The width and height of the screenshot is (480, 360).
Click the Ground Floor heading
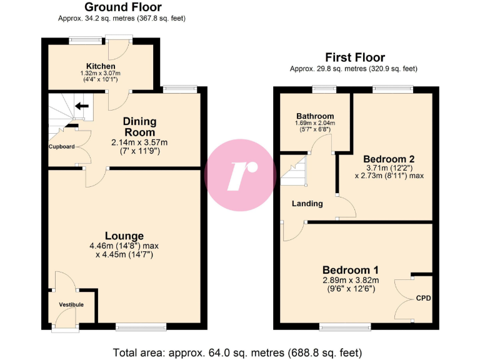coord(122,7)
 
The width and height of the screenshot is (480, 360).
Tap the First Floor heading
coord(355,57)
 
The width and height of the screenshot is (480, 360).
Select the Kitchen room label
coord(101,66)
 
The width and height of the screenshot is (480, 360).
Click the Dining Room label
coord(139,127)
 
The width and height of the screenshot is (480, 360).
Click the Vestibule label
coord(71,304)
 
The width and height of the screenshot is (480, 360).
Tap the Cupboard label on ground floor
coord(62,146)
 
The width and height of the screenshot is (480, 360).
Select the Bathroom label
coord(315,116)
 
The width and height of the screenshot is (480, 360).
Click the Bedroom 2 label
coord(389,159)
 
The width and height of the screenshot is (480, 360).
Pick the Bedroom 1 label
coord(351,270)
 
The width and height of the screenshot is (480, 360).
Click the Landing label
coord(307,203)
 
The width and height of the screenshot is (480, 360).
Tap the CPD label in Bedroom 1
coord(423,298)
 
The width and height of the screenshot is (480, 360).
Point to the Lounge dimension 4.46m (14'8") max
coord(124,246)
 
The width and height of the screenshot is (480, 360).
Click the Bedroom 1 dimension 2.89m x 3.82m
coord(351,280)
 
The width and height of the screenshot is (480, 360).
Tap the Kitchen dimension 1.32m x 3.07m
coord(101,73)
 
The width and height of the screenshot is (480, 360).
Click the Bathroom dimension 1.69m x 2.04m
coord(315,123)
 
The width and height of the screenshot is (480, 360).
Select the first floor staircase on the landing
coord(294,171)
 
